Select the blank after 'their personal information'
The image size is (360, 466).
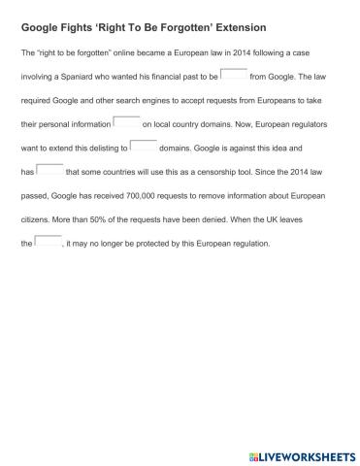pos(127,122)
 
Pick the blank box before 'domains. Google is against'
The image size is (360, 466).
pos(144,147)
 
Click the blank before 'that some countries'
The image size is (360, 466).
pos(49,170)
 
